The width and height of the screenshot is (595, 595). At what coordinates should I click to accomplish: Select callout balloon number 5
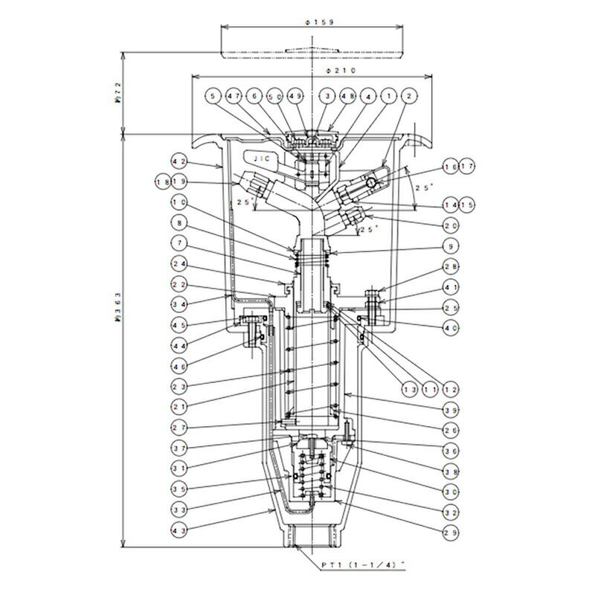[215, 97]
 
